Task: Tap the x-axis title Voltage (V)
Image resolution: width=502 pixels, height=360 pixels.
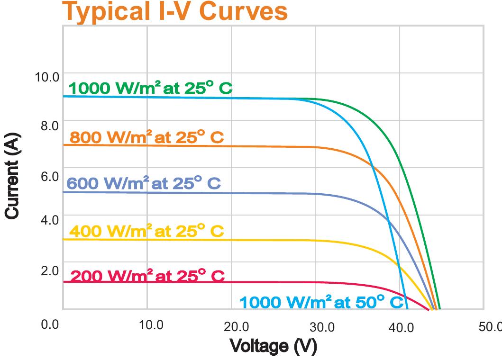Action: point(273,346)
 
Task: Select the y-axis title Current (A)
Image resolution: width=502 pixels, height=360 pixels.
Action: point(13,176)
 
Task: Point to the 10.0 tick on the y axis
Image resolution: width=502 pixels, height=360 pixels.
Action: point(46,77)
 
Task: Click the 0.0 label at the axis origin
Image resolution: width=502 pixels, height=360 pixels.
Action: point(49,324)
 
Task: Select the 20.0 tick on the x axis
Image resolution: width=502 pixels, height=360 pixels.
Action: point(236,327)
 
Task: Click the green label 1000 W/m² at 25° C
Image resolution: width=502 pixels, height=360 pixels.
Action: point(151,88)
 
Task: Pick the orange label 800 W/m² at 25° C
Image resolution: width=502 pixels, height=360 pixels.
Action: point(146,137)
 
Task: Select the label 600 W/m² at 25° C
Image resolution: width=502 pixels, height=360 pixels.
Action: point(144,183)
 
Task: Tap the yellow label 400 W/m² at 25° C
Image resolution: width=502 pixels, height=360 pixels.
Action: point(146,231)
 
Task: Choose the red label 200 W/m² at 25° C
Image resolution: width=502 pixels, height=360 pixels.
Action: point(147,276)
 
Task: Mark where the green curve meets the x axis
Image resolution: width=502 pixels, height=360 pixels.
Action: point(440,309)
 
